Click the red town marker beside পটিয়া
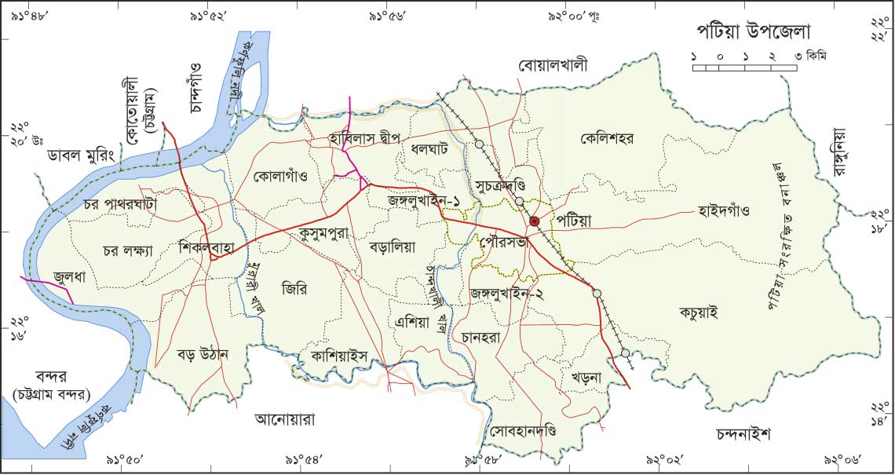[x=535, y=222]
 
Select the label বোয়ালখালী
[x=553, y=65]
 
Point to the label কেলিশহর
[x=608, y=139]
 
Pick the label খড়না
[x=586, y=378]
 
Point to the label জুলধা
[x=69, y=276]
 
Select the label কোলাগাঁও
[x=280, y=177]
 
